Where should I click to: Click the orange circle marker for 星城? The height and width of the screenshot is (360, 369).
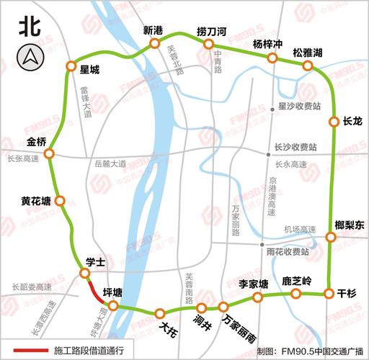pos(71,66)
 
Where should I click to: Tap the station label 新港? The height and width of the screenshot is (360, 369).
pos(154,30)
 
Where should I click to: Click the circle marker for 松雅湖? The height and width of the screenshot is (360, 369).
pos(308,66)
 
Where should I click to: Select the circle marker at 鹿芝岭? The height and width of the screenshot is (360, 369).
pos(295,294)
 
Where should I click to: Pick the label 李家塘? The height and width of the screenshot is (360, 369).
pos(253,283)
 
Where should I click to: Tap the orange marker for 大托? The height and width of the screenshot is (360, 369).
pos(159,312)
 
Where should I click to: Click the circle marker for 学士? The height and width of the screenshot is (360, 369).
pos(85,274)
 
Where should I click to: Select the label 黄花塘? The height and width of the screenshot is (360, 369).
pos(36,200)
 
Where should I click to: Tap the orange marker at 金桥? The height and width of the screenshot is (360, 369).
pos(49,153)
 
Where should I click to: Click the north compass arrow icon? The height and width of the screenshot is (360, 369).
pos(30,55)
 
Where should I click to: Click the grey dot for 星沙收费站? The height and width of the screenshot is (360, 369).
pos(272,104)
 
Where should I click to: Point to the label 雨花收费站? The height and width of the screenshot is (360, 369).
pos(288,252)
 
